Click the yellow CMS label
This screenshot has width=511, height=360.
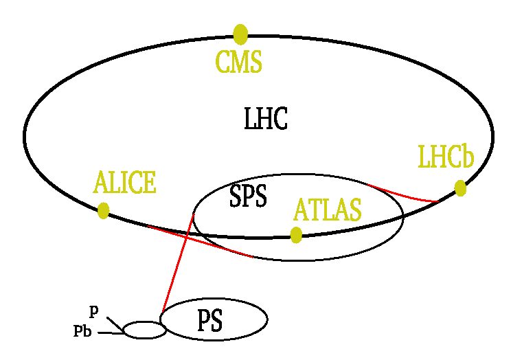[239, 62]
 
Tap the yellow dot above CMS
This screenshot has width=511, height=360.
[240, 34]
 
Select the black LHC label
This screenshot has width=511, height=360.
[266, 119]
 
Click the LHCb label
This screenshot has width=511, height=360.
[446, 157]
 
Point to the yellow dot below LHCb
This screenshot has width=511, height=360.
[460, 188]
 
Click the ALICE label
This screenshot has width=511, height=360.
[124, 182]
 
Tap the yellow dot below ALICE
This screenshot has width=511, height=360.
[103, 211]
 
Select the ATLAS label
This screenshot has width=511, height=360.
[327, 210]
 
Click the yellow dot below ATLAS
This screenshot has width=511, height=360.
[296, 235]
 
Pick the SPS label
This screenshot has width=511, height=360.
[248, 196]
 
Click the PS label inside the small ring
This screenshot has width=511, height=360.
[210, 321]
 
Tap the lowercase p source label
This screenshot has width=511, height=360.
[93, 312]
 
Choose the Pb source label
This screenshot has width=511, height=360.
[82, 331]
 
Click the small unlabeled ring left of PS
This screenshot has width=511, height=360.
[144, 322]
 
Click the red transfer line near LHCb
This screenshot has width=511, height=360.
[403, 194]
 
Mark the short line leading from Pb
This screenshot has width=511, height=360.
[111, 333]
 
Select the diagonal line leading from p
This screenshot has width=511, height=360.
[115, 324]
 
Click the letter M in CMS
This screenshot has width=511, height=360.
[239, 62]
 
